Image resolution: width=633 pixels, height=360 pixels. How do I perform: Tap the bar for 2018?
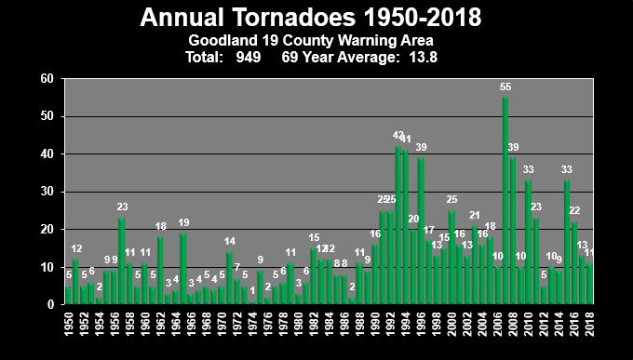click(x=588, y=284)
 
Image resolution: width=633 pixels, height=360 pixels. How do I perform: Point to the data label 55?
click(x=505, y=87)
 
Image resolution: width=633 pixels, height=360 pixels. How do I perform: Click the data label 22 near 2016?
click(x=574, y=211)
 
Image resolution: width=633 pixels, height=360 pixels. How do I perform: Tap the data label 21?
click(x=475, y=215)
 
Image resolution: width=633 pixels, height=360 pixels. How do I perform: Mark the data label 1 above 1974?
click(x=252, y=290)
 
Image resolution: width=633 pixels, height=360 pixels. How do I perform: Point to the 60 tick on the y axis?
click(x=46, y=79)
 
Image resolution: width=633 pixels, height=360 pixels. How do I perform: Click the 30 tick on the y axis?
click(x=46, y=192)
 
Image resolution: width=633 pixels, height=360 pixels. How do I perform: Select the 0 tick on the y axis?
click(x=49, y=304)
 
